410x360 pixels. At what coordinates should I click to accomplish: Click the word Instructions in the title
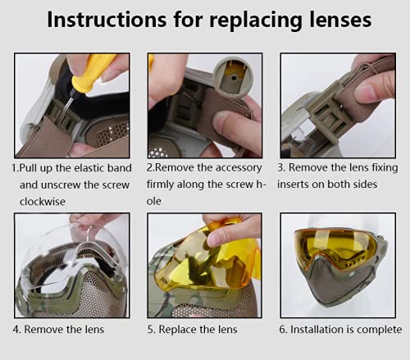tap(107, 20)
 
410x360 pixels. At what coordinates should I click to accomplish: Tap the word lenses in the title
tap(340, 20)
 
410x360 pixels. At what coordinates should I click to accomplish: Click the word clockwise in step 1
tap(43, 202)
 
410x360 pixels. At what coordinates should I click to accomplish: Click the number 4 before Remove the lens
tap(16, 330)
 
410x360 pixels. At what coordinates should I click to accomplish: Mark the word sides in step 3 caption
tap(366, 185)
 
